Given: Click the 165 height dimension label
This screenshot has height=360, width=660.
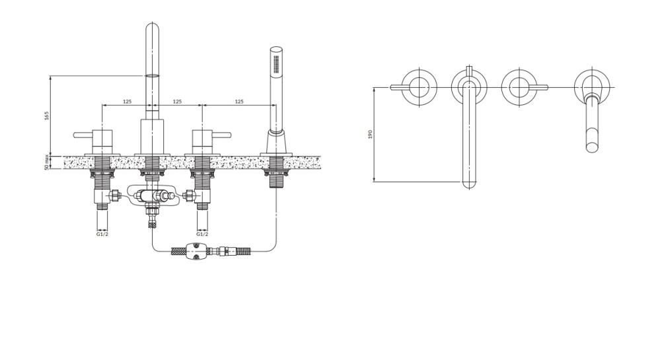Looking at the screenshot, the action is [47, 116].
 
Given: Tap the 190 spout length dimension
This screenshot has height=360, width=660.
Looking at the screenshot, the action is [371, 134].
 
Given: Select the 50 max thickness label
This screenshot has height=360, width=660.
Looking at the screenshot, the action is [46, 162].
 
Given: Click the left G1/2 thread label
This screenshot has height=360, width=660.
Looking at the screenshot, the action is [102, 234].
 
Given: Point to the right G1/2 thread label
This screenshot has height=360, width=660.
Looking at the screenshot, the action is [202, 234].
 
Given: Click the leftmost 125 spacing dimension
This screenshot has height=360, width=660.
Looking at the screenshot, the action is [127, 102].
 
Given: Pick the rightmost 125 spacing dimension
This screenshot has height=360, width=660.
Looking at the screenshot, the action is [239, 102].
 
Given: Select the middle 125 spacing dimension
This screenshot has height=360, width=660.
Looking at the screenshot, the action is [177, 102].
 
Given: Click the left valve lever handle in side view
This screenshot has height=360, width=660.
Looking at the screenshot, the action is [83, 135].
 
